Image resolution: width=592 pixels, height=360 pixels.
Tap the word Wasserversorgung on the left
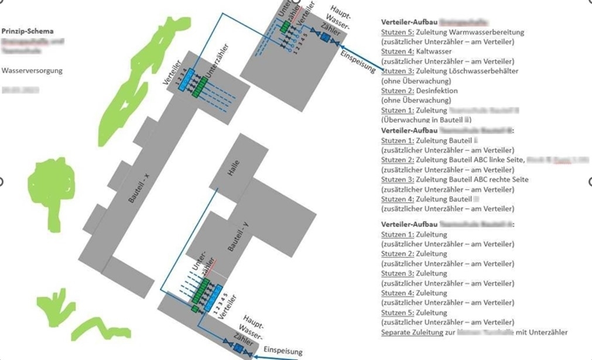[32, 71]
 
